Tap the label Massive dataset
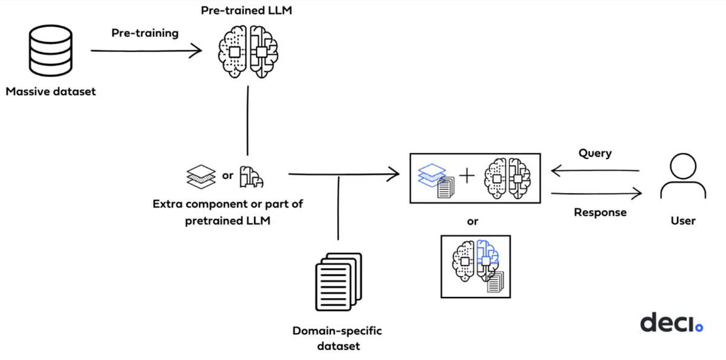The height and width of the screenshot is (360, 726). click(x=51, y=92)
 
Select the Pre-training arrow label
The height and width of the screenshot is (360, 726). click(x=145, y=33)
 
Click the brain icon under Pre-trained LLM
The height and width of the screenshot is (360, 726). click(x=248, y=51)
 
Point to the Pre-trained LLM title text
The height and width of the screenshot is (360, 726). click(x=247, y=11)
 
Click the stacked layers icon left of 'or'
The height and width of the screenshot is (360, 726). click(x=200, y=176)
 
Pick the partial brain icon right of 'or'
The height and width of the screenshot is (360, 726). click(x=251, y=177)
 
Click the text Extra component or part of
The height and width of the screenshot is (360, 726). click(x=227, y=204)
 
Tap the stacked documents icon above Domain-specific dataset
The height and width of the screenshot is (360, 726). click(x=338, y=281)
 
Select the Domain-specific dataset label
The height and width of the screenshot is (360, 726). click(x=337, y=338)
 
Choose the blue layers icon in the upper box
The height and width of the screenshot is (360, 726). click(x=433, y=177)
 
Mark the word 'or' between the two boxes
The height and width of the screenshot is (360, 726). click(x=473, y=221)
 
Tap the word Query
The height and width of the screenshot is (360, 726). click(x=595, y=153)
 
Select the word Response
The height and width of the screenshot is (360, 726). click(x=600, y=212)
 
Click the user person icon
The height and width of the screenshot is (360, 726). click(x=682, y=177)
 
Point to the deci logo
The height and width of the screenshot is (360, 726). click(x=671, y=322)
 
